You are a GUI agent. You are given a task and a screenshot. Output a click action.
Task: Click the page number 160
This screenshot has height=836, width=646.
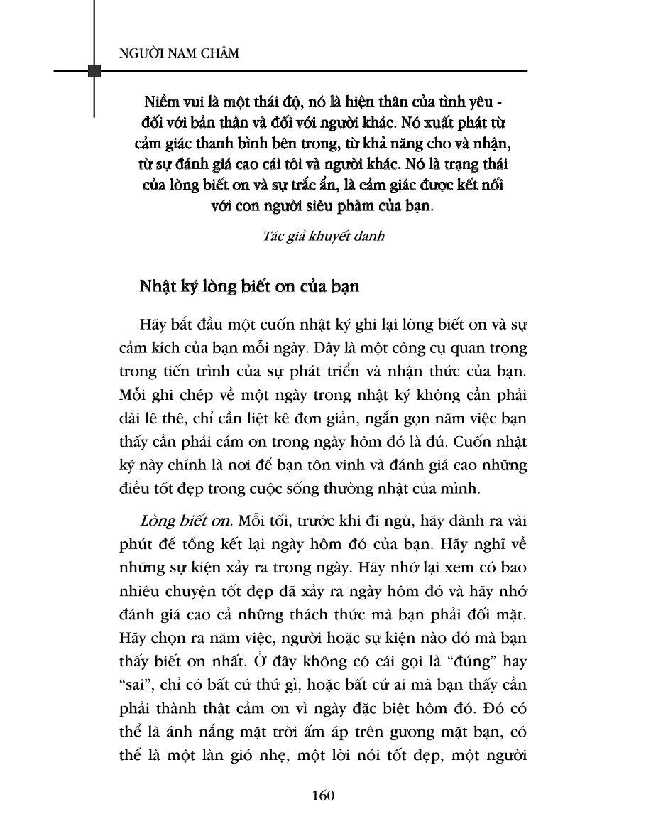(x=322, y=795)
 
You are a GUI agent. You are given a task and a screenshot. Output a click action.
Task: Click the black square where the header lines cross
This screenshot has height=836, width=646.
(x=94, y=71)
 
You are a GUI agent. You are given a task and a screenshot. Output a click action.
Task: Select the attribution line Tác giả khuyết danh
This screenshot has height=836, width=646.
(x=322, y=236)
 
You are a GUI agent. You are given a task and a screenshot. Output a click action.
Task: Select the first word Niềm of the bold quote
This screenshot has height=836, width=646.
(x=154, y=99)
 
